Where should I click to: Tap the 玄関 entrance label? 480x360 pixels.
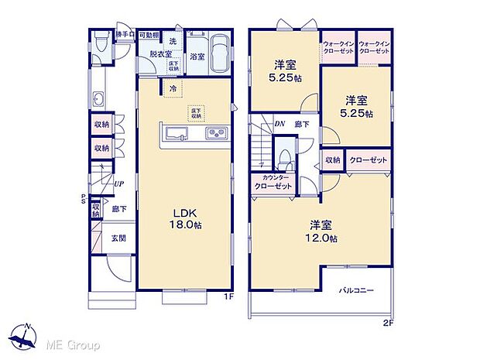tap(117, 238)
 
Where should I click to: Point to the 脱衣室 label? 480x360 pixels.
tap(161, 55)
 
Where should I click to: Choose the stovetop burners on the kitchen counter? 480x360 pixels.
tap(215, 133)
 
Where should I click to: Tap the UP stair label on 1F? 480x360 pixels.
tap(119, 184)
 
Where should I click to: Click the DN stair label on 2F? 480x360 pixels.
tap(279, 123)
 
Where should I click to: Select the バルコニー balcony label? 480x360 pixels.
tap(356, 290)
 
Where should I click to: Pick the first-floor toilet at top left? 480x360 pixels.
tap(101, 40)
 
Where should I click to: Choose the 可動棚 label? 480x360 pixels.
tap(149, 36)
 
